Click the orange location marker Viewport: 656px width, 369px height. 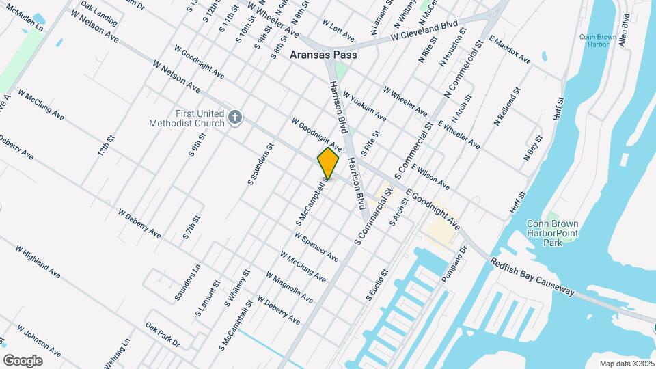(328, 163)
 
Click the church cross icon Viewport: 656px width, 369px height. (235, 118)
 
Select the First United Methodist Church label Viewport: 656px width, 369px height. (188, 118)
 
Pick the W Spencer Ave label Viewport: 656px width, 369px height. (316, 247)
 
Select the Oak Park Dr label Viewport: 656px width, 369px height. (162, 335)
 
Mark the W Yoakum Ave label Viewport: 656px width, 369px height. (364, 107)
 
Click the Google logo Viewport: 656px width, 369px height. (23, 360)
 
